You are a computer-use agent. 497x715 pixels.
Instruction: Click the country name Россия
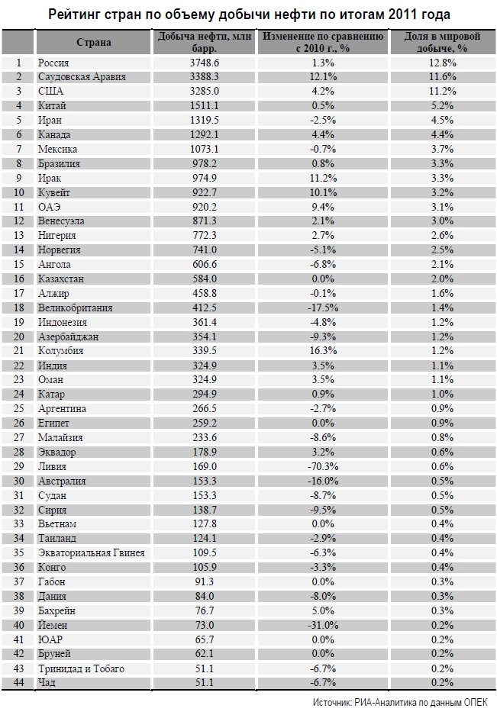pos(53,63)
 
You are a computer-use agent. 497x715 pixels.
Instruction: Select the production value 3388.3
pos(204,77)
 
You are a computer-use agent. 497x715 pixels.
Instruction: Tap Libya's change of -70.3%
pos(323,466)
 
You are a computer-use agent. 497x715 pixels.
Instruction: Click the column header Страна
pos(94,43)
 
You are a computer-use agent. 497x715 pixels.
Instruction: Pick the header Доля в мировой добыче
pos(442,42)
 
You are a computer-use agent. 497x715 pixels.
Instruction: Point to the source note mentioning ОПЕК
pos(400,702)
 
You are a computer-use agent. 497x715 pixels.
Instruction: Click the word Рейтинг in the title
pos(74,15)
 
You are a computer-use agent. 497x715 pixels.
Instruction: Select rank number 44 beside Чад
pos(19,683)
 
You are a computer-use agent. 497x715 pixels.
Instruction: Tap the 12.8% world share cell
pos(442,63)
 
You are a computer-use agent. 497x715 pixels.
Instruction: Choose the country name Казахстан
pos(61,279)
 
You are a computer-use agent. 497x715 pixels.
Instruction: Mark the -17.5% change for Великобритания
pos(323,308)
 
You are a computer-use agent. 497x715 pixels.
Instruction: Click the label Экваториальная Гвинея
pos(92,553)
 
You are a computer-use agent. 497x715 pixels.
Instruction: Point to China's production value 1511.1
pos(204,106)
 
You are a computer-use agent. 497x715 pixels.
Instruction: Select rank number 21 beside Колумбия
pos(19,351)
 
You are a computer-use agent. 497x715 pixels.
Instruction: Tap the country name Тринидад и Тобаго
pos(81,668)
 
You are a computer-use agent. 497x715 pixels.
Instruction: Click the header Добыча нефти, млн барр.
pos(204,42)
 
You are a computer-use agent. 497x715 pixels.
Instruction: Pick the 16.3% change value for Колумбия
pos(323,351)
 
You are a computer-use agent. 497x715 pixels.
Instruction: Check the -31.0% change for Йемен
pos(323,625)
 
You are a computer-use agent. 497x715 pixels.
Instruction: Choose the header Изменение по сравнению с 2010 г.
pos(323,42)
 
